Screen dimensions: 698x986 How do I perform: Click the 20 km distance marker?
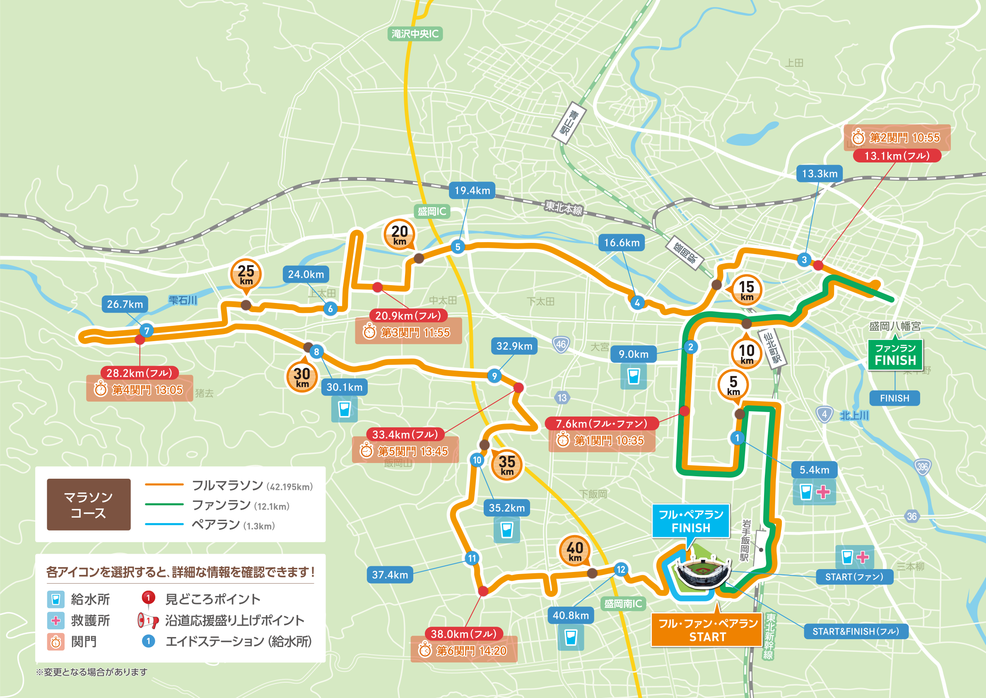399,235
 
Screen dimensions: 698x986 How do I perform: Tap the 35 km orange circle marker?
507,465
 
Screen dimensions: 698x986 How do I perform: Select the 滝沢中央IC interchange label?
415,34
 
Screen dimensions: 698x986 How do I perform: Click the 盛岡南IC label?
623,604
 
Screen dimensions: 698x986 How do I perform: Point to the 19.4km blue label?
472,190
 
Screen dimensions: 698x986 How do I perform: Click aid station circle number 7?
147,330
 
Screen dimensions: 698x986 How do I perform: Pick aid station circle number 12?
621,570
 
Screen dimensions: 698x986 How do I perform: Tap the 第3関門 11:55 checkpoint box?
408,332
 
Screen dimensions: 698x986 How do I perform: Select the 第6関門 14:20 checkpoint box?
464,651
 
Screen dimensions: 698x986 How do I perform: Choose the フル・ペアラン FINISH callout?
691,521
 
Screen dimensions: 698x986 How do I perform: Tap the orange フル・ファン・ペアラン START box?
707,630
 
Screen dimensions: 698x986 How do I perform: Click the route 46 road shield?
561,344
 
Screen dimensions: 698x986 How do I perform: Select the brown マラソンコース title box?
89,504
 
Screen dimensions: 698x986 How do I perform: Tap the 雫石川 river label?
183,300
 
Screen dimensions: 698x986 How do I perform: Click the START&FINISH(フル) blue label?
856,631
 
